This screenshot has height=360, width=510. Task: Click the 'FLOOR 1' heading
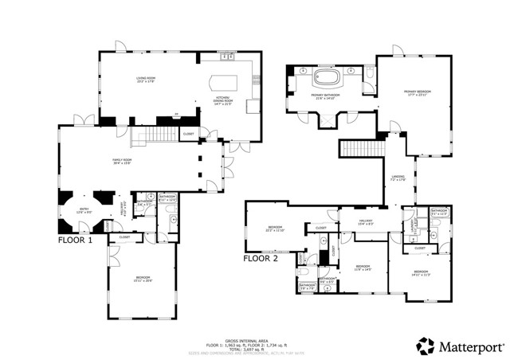pos(75,239)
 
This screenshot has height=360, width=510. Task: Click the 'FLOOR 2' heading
pos(261,258)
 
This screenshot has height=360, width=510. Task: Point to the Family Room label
pos(122,162)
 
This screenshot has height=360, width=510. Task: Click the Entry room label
pos(82,210)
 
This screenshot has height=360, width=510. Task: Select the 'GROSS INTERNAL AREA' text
pos(254,338)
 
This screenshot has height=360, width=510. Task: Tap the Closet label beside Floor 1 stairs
pos(188,134)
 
